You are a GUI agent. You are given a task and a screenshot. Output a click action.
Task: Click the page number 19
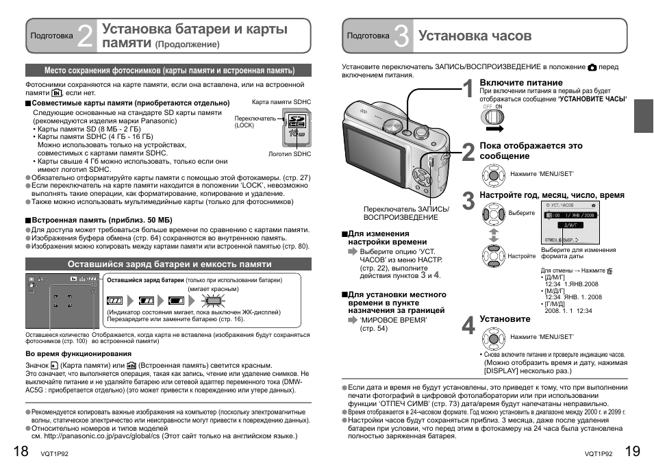coord(633,450)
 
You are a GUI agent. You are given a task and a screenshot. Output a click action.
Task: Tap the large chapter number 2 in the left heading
coord(85,36)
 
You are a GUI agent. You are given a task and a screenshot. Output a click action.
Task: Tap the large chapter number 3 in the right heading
coord(402,36)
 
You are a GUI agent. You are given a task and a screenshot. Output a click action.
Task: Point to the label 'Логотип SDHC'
coord(289,154)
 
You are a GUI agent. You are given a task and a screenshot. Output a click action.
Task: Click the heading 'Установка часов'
coord(474,36)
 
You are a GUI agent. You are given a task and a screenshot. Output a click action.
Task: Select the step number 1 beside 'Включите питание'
coord(466,91)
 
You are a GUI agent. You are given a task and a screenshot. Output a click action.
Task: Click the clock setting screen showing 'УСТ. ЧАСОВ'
coord(570,223)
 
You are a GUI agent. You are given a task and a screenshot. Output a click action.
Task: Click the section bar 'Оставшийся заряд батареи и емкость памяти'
coord(168,264)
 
